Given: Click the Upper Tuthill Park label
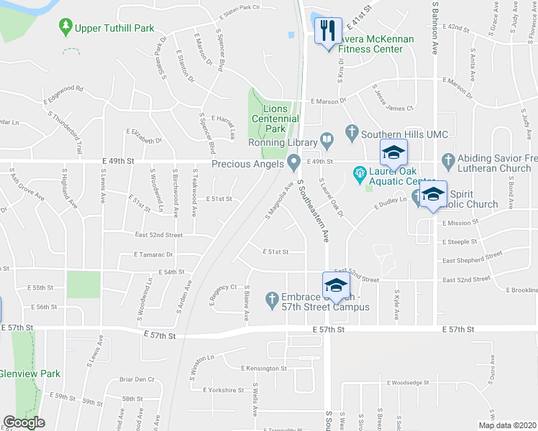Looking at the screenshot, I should [115, 28].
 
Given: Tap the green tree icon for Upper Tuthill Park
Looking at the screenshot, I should [65, 27].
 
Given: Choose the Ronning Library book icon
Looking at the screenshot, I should [326, 139].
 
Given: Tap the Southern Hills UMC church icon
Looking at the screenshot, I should [352, 133].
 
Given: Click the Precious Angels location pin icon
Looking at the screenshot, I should [293, 163].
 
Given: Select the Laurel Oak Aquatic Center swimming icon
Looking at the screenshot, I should [358, 173].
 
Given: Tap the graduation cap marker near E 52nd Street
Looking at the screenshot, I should [335, 284].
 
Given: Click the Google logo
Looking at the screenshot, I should [23, 422].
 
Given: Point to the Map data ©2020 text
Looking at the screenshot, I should [507, 425].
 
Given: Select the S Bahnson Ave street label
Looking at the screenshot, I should [435, 29].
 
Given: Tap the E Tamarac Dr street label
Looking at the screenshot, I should [153, 254].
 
